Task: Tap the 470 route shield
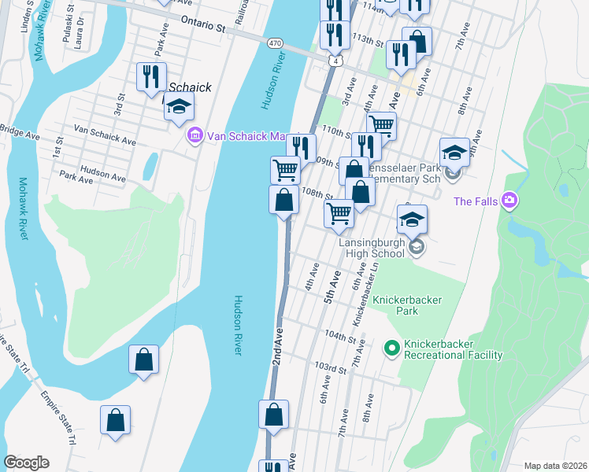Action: (274, 43)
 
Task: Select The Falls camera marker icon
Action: (510, 201)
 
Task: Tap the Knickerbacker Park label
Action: (408, 305)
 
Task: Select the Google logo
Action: (26, 463)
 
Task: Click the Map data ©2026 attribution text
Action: (555, 466)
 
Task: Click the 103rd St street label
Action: (330, 368)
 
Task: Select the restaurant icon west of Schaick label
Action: (150, 77)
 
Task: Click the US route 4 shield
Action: (336, 61)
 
